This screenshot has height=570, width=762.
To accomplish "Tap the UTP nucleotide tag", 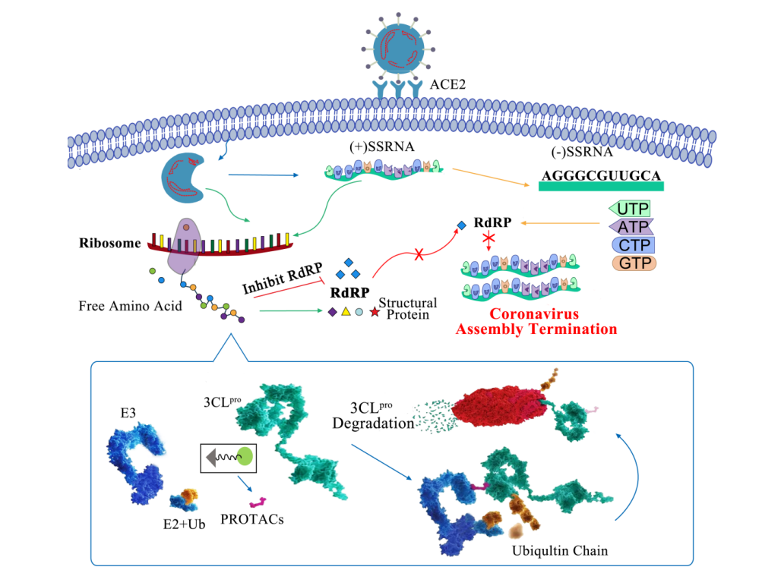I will [x=631, y=208].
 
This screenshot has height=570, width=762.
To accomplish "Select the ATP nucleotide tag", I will [x=631, y=226].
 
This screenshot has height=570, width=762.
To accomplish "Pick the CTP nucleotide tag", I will [x=632, y=245].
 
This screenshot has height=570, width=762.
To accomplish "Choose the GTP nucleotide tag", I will [x=632, y=263].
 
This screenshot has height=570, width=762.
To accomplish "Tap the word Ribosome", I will [x=110, y=244].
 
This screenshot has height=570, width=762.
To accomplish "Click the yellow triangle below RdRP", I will [x=346, y=312].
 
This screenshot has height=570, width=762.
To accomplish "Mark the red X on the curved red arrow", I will [x=419, y=255].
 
